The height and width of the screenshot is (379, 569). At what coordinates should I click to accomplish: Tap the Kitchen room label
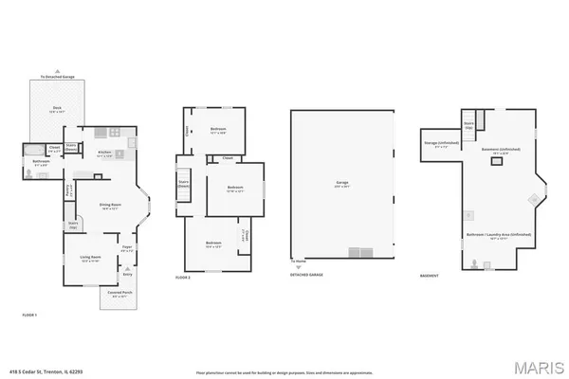coord(105,153)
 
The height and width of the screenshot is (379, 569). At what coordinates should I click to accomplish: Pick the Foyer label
coord(126,247)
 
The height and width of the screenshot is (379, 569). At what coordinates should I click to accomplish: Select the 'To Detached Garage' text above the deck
coord(56,77)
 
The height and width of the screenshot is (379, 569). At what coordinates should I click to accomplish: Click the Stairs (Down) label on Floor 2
coord(184,182)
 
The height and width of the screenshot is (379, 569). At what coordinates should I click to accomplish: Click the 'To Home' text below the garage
coord(299,262)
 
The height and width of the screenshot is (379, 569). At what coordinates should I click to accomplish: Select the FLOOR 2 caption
coord(183,277)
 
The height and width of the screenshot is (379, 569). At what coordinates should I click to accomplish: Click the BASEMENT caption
coord(429,277)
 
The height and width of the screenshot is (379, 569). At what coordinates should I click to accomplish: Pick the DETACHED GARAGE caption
coord(307,277)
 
